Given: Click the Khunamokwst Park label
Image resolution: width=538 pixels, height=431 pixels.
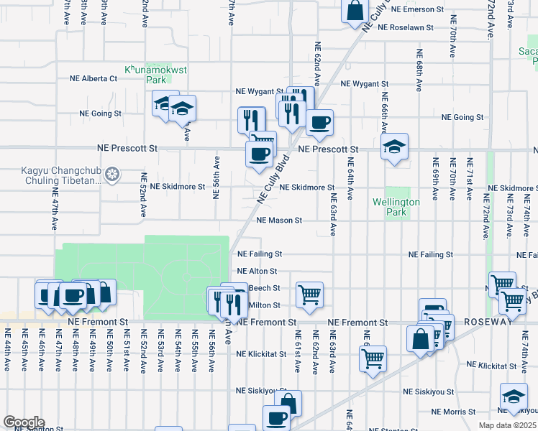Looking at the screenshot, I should pyautogui.click(x=146, y=75).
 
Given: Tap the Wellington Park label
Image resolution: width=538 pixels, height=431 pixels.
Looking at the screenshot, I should pyautogui.click(x=396, y=208).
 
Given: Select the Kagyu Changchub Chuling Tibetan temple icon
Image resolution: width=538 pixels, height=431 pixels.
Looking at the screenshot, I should pyautogui.click(x=111, y=174).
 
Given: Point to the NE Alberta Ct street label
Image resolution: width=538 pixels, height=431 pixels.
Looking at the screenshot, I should pyautogui.click(x=93, y=78).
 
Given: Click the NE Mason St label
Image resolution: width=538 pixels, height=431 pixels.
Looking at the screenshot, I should pyautogui.click(x=278, y=221).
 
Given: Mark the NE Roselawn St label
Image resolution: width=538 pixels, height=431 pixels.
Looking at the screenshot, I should pyautogui.click(x=406, y=27).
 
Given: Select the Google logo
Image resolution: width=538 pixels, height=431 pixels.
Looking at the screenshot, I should pyautogui.click(x=24, y=422).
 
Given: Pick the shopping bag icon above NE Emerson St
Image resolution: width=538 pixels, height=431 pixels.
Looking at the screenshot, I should pyautogui.click(x=355, y=11).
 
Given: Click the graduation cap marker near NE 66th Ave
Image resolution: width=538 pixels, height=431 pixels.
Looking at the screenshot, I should pyautogui.click(x=393, y=147).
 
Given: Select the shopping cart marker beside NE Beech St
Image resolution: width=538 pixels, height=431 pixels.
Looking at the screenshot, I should pyautogui.click(x=309, y=293).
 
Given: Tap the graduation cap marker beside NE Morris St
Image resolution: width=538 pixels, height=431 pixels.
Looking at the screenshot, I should pyautogui.click(x=514, y=397).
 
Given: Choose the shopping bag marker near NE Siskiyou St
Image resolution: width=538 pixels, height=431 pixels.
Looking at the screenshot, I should pyautogui.click(x=288, y=404).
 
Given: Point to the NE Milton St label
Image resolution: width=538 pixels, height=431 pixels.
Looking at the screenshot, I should pyautogui.click(x=265, y=305).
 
